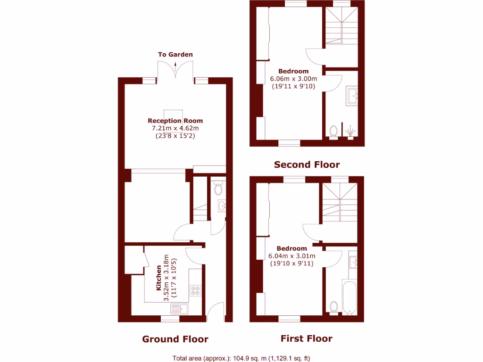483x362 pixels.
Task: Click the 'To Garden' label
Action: (175, 54)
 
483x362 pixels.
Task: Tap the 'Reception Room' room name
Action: (175, 121)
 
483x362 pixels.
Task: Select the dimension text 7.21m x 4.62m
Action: (175, 128)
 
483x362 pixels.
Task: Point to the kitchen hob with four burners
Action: (195, 290)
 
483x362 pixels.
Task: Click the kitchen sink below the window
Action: (180, 309)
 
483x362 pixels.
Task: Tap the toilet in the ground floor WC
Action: (218, 189)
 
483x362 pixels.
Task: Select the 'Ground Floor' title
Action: (175, 339)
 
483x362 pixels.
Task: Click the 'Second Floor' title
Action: (307, 165)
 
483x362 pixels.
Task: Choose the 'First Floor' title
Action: (306, 338)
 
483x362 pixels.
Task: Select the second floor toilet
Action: (333, 131)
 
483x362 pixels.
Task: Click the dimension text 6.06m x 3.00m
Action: (293, 79)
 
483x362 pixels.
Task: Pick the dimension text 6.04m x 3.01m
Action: (292, 256)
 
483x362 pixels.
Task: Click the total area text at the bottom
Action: (241, 357)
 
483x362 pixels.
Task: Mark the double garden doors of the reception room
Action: (175, 71)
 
